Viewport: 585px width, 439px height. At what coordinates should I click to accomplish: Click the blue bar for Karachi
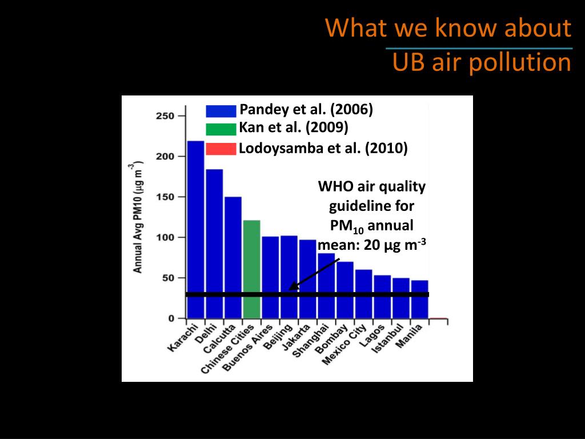point(195,229)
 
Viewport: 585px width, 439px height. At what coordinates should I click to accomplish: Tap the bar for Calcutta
point(233,257)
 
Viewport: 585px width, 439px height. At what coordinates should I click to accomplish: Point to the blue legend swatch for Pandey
point(221,111)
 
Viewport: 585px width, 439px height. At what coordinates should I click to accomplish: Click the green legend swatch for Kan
point(221,129)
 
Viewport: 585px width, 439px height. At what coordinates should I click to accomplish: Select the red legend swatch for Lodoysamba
point(221,149)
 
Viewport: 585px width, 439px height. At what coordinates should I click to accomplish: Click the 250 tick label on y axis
point(165,116)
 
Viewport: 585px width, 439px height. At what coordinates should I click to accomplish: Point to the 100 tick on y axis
point(165,237)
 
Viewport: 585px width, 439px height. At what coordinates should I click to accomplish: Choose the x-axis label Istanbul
point(390,340)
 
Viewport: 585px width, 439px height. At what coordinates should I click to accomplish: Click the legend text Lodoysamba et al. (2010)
point(323,149)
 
